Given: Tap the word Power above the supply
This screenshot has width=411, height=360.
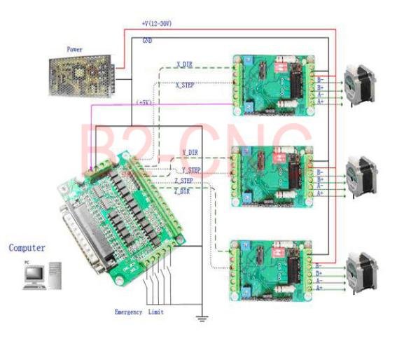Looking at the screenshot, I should [74, 50].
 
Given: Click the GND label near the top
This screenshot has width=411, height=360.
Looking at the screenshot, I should [148, 41].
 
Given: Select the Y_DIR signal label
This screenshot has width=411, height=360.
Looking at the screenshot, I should [190, 152].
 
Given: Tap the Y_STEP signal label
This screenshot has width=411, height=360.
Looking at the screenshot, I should [192, 169].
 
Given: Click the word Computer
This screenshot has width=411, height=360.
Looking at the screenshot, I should [27, 247].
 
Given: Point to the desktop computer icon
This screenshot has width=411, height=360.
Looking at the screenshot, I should [41, 275].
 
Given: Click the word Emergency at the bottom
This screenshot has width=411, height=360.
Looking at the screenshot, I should [128, 312].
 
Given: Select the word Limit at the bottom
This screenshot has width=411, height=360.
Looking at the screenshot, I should [155, 312].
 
